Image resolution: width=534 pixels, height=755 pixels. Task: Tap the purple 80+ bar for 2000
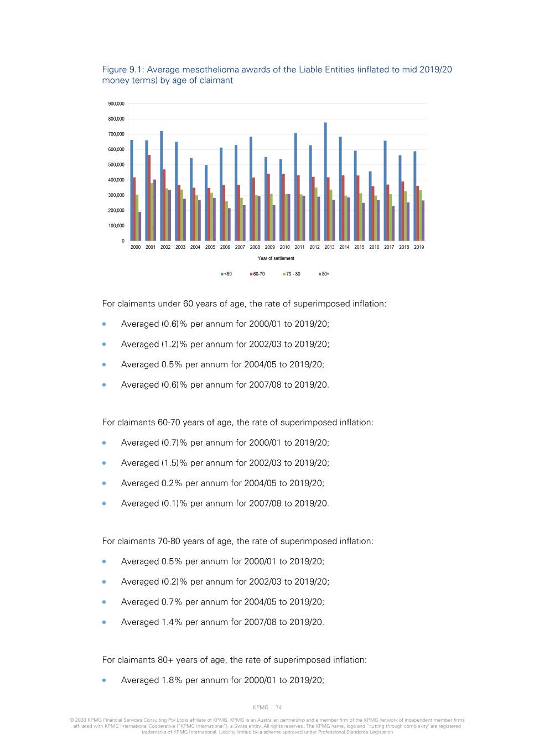[139, 226]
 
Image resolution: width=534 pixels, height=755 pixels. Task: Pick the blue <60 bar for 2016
[370, 206]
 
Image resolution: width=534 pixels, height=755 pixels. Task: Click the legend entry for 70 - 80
[293, 274]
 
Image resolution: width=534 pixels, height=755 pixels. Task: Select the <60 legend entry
[227, 274]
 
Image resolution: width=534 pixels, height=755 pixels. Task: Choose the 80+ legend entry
[325, 274]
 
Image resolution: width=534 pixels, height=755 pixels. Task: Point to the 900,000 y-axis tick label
[116, 104]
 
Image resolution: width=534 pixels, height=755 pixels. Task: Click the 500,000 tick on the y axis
[116, 165]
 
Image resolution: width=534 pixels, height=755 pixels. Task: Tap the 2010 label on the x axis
[284, 247]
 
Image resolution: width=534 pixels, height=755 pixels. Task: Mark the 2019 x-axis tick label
[419, 247]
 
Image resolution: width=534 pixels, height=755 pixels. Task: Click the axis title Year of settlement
[276, 258]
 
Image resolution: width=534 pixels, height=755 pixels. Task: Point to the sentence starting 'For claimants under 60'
[244, 304]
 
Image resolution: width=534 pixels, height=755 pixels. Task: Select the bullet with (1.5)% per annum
[225, 463]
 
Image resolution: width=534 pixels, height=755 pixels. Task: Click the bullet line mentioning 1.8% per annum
[222, 680]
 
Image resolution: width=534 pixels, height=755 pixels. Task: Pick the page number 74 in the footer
[278, 707]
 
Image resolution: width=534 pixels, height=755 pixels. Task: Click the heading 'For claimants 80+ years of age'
[234, 660]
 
